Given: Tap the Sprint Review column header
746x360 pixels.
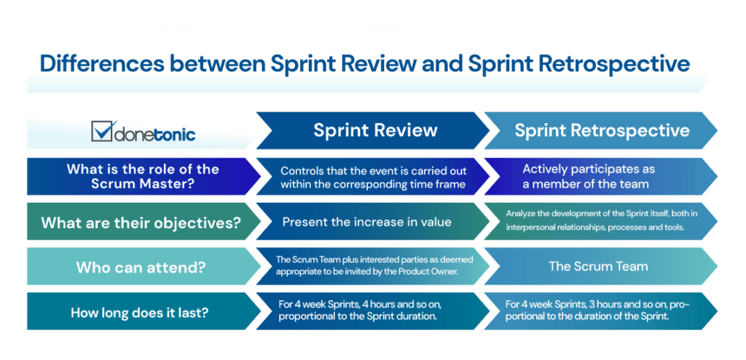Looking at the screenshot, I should point(375,130).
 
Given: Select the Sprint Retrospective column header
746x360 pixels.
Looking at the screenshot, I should point(602,130).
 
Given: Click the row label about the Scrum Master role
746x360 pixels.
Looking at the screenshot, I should point(142,176).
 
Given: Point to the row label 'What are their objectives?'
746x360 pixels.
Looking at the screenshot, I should point(141,222).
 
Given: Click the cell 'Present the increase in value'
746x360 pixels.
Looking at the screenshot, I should point(366,222).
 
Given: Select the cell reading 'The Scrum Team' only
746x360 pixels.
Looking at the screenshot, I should point(597,267).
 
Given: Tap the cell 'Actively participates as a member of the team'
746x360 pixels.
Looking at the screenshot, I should point(589,176).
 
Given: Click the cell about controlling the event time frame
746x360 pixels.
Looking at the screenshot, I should point(372,176).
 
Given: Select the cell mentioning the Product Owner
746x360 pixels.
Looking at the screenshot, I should point(371,267).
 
